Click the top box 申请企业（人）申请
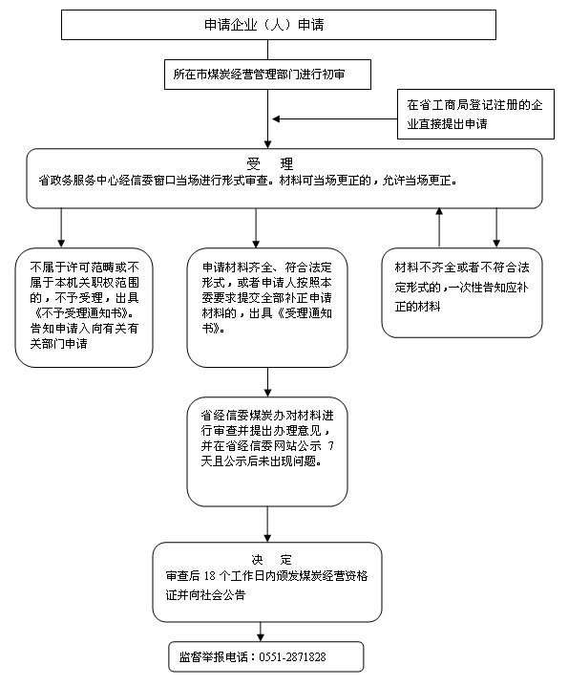tap(279, 25)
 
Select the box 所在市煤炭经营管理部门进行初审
tap(267, 75)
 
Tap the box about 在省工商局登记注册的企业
tap(475, 115)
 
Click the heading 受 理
tap(270, 164)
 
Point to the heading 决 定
tap(271, 560)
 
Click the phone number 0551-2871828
tap(292, 656)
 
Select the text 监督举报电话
tap(214, 656)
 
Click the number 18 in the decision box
tap(209, 576)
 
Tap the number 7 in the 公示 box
tap(330, 446)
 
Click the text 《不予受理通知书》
tap(82, 312)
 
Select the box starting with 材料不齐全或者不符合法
tap(462, 292)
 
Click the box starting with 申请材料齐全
tap(267, 308)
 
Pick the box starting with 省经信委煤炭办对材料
tap(267, 452)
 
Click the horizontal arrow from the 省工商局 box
tap(334, 118)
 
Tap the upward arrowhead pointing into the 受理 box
tap(439, 211)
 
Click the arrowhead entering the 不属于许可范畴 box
tap(61, 244)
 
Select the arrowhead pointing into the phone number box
tap(261, 637)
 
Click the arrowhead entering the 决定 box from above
tap(267, 538)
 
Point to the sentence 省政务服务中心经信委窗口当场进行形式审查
tap(153, 181)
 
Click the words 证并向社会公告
tap(205, 595)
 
